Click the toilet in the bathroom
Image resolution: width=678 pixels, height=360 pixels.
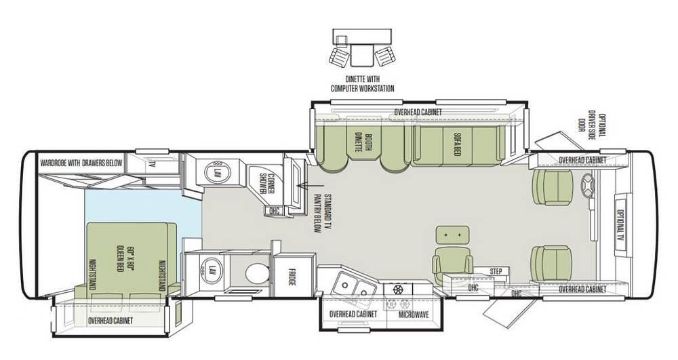257,273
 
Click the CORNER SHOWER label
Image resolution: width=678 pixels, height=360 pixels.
264,184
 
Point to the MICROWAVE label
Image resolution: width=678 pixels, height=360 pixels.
414,314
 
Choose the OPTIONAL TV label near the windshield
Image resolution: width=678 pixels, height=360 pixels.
620,224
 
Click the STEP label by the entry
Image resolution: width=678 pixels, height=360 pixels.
496,271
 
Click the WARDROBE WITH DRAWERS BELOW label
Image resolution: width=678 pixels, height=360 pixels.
81,163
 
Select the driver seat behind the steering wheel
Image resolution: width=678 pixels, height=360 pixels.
553,186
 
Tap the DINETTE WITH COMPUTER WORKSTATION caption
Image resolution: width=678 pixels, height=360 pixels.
362,84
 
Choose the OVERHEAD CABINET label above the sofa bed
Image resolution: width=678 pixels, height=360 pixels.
418,113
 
